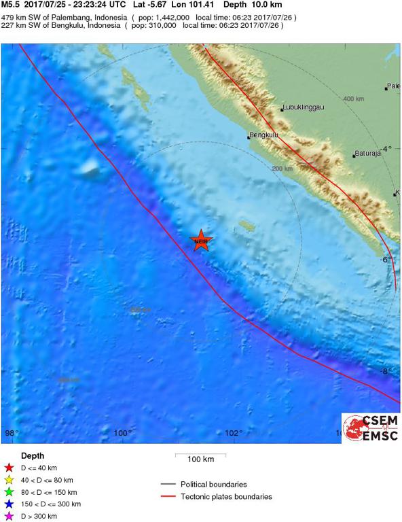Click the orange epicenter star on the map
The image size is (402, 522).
[x=201, y=240]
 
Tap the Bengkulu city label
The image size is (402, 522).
[x=265, y=135]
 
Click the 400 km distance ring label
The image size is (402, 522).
[x=353, y=99]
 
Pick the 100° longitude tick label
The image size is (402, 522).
[x=123, y=433]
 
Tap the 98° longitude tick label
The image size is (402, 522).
[x=12, y=433]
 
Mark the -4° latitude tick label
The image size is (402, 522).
[x=386, y=149]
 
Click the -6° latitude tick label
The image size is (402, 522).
[x=386, y=260]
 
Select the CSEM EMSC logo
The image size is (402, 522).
[x=370, y=428]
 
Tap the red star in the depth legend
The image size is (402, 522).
[x=9, y=468]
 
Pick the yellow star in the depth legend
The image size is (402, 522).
[x=9, y=480]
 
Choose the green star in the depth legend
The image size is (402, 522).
[x=9, y=492]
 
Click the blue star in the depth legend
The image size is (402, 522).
[x=9, y=504]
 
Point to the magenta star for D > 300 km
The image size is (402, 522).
[x=9, y=517]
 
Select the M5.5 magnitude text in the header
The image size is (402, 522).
[x=11, y=5]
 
